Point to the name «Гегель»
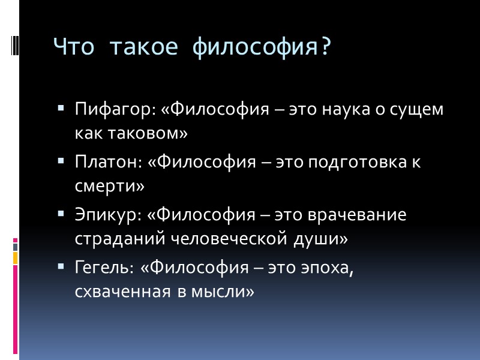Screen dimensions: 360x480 coord(104,266)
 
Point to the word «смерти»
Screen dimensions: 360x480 coord(110,186)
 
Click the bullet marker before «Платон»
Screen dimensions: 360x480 coord(62,161)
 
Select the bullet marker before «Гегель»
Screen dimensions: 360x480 coord(62,266)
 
